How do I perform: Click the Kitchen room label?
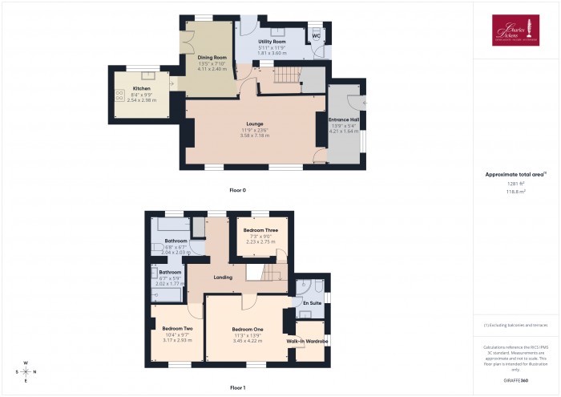(x=141, y=88)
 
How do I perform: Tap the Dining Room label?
(x=213, y=58)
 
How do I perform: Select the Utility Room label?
(x=272, y=42)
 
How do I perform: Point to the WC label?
(x=317, y=37)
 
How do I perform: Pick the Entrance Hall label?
(x=345, y=120)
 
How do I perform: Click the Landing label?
(x=223, y=277)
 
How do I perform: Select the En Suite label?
(x=312, y=303)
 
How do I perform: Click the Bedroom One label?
(x=248, y=330)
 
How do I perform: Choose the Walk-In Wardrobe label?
(x=308, y=341)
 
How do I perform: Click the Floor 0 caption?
(x=238, y=190)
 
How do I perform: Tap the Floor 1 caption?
(x=238, y=387)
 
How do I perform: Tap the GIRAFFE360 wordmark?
(x=515, y=379)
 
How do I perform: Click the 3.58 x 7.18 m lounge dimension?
(x=255, y=136)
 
